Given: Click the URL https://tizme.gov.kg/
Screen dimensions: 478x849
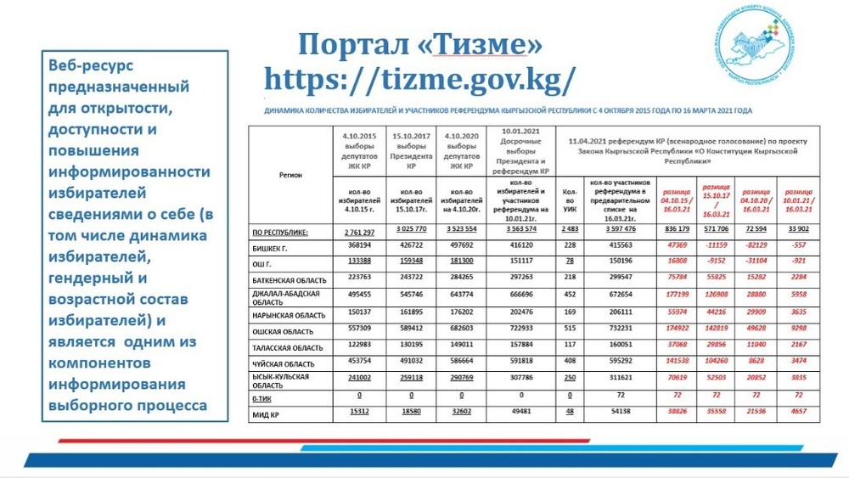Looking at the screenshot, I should (419, 78).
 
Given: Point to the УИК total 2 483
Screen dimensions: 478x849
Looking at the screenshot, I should (569, 232).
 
